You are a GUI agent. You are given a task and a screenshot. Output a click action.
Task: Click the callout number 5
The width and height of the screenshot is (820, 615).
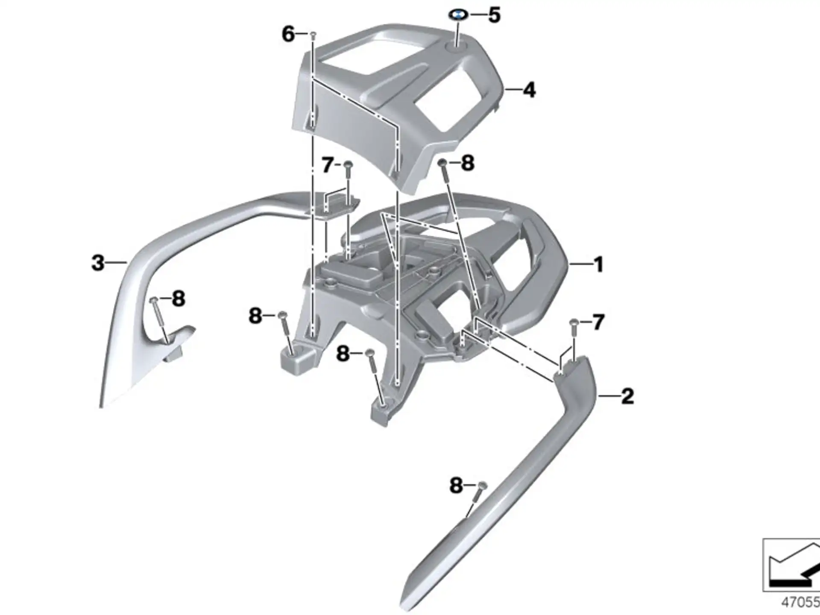click(494, 15)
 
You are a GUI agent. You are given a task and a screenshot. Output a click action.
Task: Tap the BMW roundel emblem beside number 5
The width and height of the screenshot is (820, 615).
click(458, 15)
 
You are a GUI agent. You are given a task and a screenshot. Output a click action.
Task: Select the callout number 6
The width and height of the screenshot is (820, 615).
click(288, 34)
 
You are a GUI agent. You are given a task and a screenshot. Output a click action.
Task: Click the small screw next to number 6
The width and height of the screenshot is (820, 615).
click(313, 34)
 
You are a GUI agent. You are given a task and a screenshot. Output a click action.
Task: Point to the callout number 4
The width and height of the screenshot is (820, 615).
click(529, 90)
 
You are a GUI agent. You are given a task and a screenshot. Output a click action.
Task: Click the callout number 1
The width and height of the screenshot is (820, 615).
click(599, 265)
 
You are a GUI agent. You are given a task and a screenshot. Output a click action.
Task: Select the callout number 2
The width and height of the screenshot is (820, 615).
click(627, 397)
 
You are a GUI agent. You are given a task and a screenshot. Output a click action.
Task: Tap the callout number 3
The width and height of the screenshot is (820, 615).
click(98, 263)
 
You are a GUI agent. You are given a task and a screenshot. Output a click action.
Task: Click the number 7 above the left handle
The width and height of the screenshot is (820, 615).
click(328, 165)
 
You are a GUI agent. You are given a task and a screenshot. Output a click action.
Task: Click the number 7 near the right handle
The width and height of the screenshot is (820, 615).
click(598, 322)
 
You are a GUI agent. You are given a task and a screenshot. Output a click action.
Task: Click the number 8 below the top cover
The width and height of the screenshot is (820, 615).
click(468, 163)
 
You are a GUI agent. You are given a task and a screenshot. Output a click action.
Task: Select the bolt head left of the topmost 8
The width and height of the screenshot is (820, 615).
click(443, 163)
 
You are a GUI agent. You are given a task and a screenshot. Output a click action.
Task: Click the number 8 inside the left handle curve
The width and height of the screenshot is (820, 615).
click(179, 299)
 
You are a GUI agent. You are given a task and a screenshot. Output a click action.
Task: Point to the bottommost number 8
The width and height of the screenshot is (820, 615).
click(456, 486)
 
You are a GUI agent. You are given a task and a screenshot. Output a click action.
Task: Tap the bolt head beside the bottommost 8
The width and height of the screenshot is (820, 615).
click(483, 485)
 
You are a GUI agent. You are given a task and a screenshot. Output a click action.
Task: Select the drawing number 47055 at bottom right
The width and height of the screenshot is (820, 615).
click(800, 602)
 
